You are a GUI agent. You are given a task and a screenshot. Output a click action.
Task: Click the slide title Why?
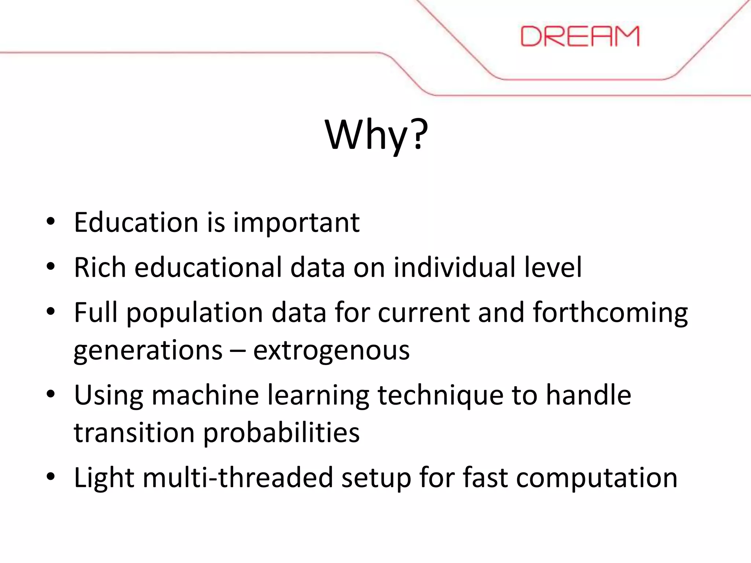coord(376,135)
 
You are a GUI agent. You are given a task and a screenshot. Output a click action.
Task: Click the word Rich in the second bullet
coord(100,267)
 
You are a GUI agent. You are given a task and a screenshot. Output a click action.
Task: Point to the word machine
coord(205,395)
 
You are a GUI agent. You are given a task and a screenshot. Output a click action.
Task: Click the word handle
coord(589,395)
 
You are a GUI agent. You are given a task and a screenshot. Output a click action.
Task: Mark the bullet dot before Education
coord(51,221)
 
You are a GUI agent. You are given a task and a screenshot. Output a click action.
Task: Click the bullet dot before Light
coord(51,477)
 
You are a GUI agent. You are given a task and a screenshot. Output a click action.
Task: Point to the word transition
coord(134,433)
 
